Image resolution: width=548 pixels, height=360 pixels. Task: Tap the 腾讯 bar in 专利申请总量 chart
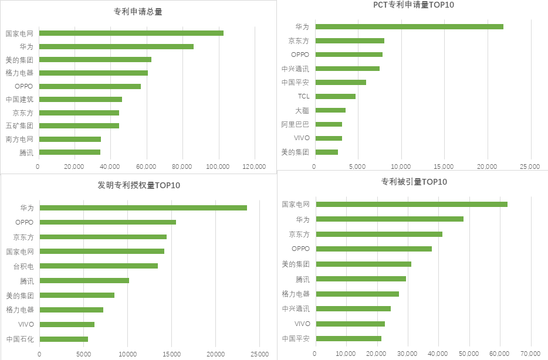69,152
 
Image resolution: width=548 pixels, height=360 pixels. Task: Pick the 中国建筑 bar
80,99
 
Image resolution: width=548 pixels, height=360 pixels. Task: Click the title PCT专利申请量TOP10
414,5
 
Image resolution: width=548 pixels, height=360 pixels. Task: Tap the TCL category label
303,96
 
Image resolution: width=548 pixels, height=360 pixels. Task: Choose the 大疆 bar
330,110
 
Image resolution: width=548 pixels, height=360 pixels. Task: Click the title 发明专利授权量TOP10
138,186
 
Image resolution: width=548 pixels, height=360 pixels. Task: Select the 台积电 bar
99,266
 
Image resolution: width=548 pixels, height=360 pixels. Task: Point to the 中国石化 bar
63,339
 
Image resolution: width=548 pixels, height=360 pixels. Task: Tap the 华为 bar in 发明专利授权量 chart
143,208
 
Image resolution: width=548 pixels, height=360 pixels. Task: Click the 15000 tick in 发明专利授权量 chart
171,354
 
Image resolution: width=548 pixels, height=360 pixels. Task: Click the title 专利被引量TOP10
414,182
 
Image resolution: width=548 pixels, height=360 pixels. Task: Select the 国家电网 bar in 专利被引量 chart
411,204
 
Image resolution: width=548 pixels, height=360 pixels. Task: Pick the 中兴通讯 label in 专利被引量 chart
296,308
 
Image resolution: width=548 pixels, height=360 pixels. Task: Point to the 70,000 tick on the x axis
530,354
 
